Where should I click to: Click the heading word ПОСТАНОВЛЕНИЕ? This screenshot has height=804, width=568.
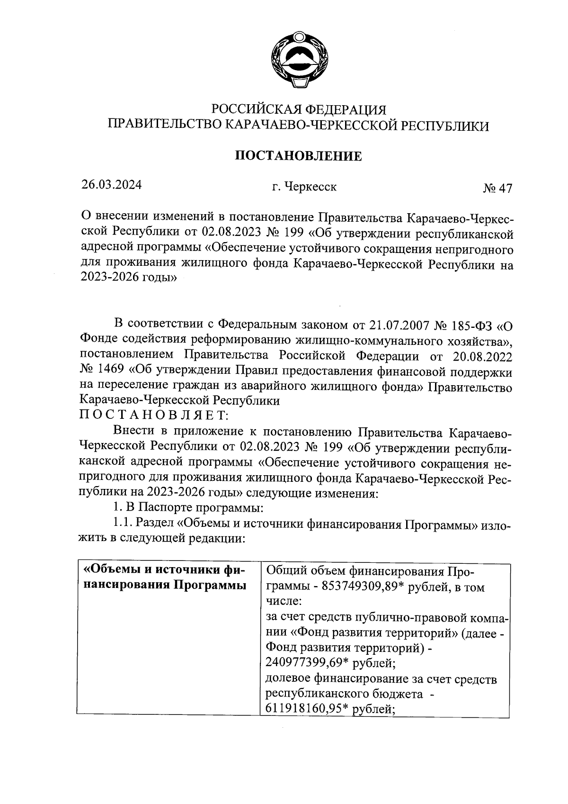[299, 156]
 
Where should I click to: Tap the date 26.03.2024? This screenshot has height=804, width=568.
[112, 185]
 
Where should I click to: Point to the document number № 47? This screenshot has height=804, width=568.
[497, 189]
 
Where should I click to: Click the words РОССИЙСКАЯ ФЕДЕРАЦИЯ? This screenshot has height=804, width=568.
[299, 110]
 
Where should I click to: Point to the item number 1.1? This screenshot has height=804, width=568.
[122, 524]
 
